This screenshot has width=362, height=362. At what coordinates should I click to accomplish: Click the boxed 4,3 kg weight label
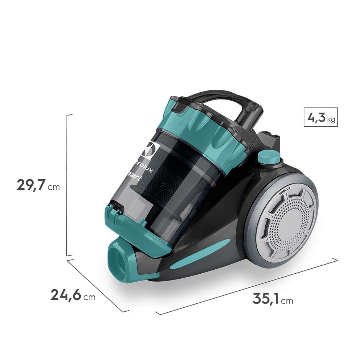(321, 117)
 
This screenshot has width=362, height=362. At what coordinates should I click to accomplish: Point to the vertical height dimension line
(67, 185)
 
